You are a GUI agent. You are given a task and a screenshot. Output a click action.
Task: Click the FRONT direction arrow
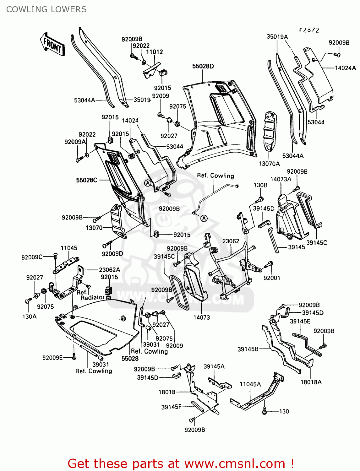(52, 45)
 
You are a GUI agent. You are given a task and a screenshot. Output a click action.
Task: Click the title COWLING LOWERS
(46, 9)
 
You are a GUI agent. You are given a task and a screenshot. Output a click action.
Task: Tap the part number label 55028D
(203, 66)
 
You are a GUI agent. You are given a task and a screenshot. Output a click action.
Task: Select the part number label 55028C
(86, 180)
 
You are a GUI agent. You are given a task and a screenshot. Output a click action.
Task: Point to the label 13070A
(269, 164)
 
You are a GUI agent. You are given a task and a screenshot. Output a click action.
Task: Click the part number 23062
(231, 241)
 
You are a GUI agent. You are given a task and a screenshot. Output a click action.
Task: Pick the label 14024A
(345, 68)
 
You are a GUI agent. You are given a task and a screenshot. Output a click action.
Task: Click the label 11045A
(250, 384)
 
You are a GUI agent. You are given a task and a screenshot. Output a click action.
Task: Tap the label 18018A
(311, 382)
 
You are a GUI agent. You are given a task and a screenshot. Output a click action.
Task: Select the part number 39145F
(171, 407)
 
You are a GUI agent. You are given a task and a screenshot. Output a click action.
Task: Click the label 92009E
(52, 357)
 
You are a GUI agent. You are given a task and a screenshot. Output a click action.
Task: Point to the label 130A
(29, 317)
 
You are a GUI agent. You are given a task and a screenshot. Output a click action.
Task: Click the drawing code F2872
(309, 30)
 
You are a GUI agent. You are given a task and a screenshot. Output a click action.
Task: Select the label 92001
(272, 278)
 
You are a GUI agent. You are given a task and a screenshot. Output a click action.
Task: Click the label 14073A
(281, 179)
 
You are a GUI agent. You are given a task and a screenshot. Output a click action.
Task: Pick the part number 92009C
(32, 257)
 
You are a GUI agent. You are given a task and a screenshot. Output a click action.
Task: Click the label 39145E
(300, 321)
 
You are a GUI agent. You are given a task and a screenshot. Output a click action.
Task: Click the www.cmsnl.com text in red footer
(234, 463)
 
